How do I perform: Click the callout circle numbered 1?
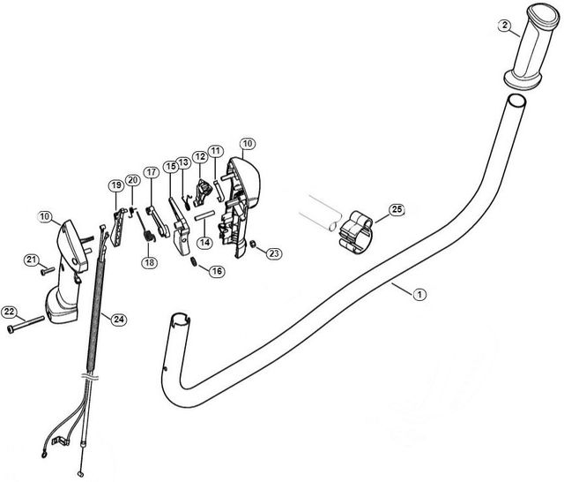(419, 293)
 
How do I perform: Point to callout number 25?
(397, 209)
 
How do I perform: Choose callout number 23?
(274, 252)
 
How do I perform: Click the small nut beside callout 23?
(254, 245)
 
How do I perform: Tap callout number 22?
(10, 312)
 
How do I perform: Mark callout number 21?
(31, 259)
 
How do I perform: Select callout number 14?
(204, 242)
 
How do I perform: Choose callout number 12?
(200, 156)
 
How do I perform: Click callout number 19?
(115, 185)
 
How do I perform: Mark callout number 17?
(151, 172)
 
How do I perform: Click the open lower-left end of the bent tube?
(180, 318)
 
